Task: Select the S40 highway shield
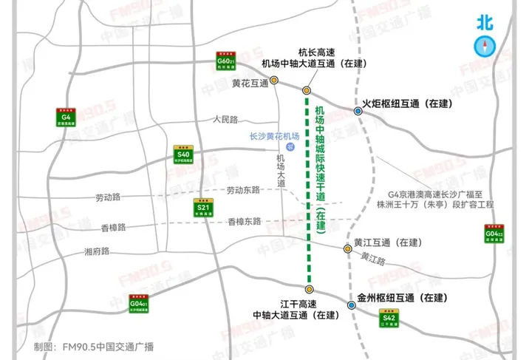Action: (183, 153)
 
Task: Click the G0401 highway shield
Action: (139, 304)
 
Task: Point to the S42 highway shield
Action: (390, 319)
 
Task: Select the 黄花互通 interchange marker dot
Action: (274, 80)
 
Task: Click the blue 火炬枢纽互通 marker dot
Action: (358, 111)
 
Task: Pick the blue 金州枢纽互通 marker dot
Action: (349, 305)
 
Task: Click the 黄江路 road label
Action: (373, 257)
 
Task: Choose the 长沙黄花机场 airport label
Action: (275, 137)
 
